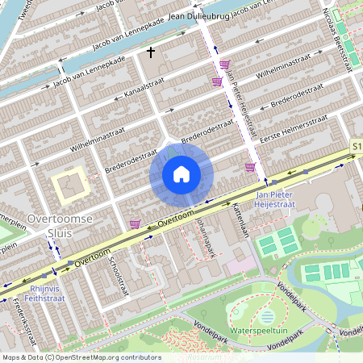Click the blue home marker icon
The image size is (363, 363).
click(181, 174)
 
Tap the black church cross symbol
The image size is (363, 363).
click(150, 52)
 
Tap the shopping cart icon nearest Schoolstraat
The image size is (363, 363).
click(134, 223)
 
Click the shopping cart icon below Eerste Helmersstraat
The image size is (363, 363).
click(250, 167)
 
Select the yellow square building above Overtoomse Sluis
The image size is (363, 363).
click(71, 186)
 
